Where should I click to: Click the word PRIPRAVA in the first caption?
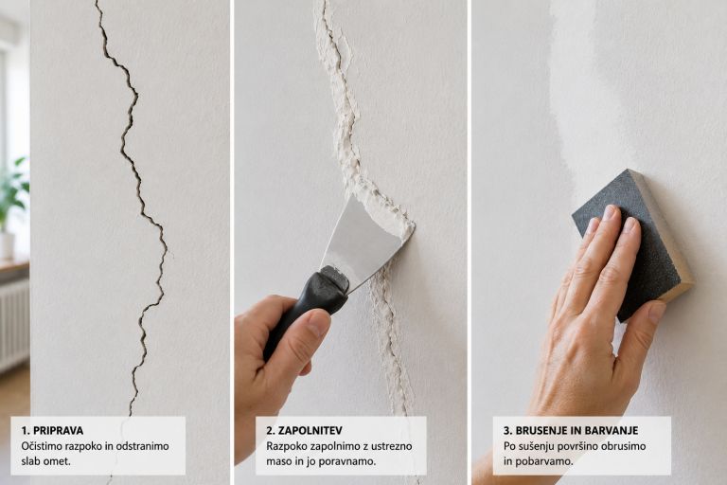coord(58,430)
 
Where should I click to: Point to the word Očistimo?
coord(39,446)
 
